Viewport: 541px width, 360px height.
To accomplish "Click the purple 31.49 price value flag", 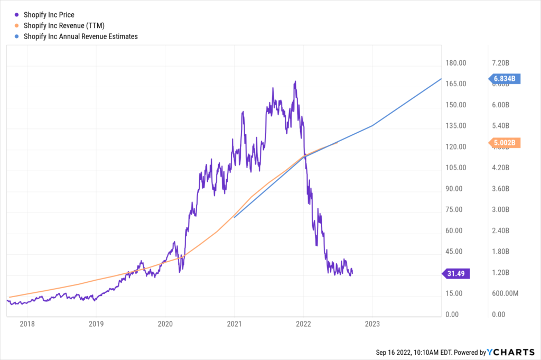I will pyautogui.click(x=455, y=273).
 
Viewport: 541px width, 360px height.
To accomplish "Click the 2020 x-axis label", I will pyautogui.click(x=165, y=324).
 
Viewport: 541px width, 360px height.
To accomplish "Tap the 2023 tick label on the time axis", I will pyautogui.click(x=372, y=324).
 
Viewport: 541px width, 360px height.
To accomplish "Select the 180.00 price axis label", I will pyautogui.click(x=455, y=63).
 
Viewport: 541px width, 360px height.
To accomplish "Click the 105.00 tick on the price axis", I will pyautogui.click(x=455, y=168).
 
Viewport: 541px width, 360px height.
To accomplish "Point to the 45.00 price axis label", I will pyautogui.click(x=455, y=252).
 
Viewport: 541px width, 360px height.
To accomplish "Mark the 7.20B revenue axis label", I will pyautogui.click(x=500, y=63).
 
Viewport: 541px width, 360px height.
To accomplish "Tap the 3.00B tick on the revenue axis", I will pyautogui.click(x=500, y=210).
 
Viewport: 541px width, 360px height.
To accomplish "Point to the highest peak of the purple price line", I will pyautogui.click(x=295, y=81).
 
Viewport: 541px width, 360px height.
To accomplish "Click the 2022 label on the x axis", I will pyautogui.click(x=303, y=324).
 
